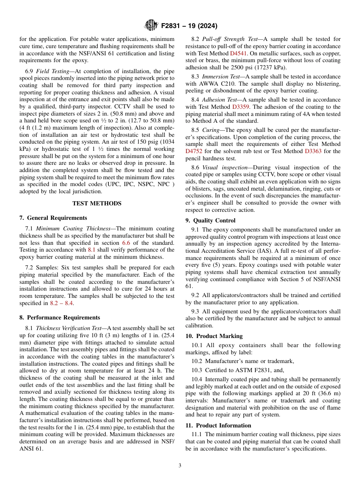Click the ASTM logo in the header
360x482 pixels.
pyautogui.click(x=151, y=26)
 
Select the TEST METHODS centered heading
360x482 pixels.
pyautogui.click(x=97, y=203)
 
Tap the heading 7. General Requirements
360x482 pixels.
pyautogui.click(x=53, y=218)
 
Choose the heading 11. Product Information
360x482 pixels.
pyautogui.click(x=218, y=426)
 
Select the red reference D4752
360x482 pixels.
pyautogui.click(x=194, y=151)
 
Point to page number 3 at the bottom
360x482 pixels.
pyautogui.click(x=180, y=466)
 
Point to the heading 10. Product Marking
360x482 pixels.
pyautogui.click(x=214, y=336)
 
